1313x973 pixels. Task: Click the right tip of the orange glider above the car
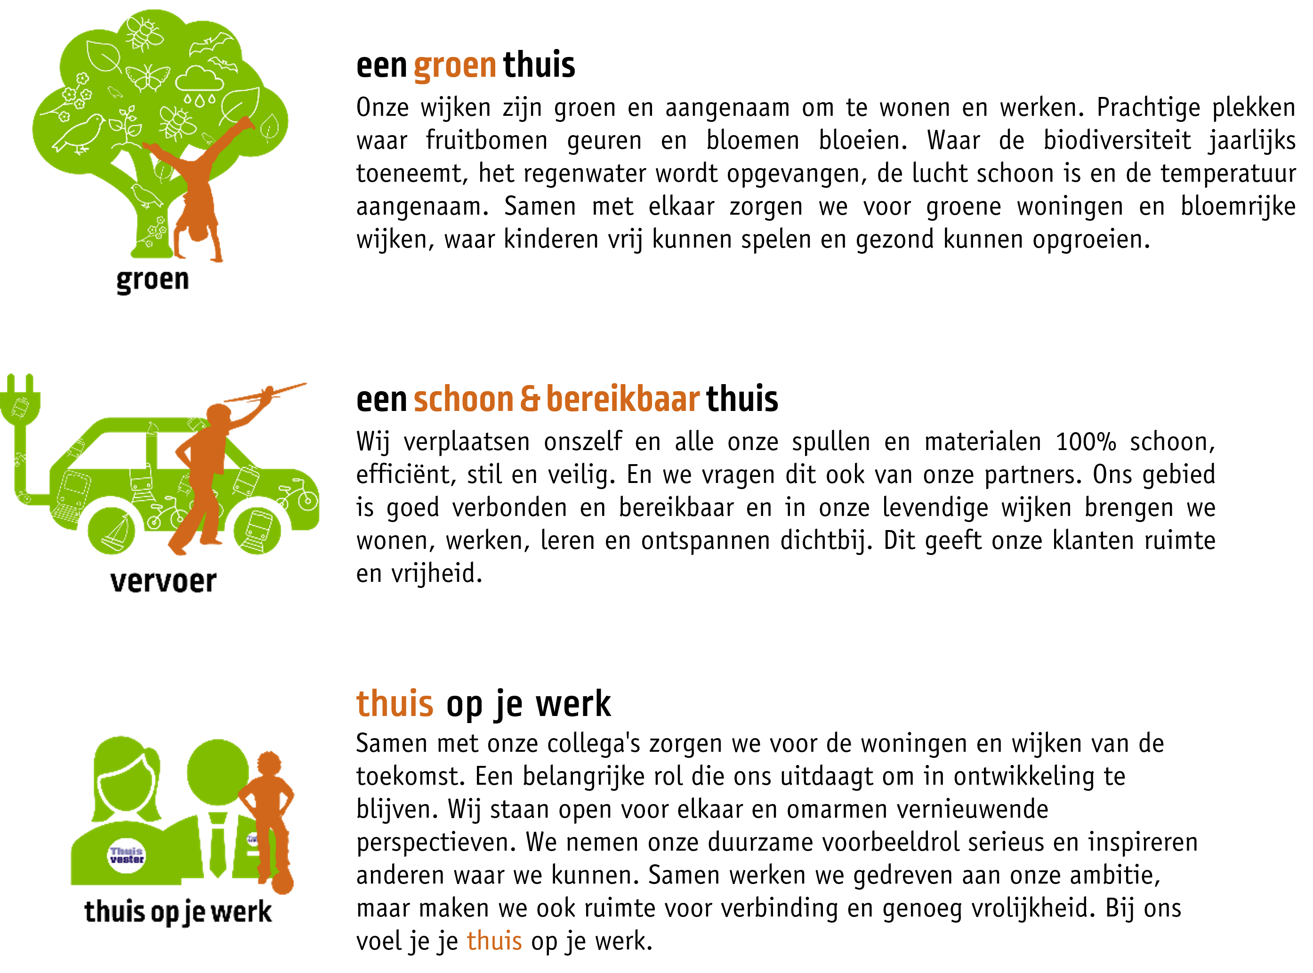(x=306, y=384)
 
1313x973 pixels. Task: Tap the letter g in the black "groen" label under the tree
(x=124, y=281)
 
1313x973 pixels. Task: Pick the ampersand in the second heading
(x=530, y=398)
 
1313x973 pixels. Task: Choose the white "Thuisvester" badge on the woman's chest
(x=127, y=855)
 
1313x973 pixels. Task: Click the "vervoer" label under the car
(x=163, y=581)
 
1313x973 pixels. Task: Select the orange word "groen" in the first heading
(x=455, y=65)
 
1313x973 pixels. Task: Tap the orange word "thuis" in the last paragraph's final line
(x=494, y=941)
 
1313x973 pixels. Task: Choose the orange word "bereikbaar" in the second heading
(x=623, y=398)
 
